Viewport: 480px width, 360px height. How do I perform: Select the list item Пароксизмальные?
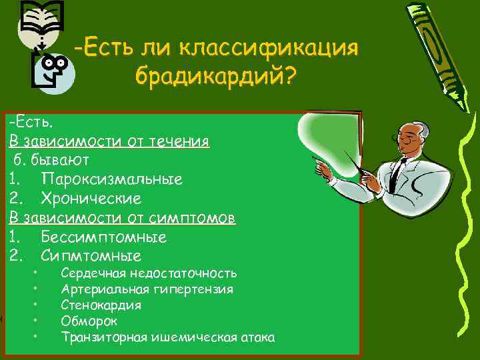point(111,179)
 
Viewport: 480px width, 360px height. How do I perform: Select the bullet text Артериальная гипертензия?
point(147,289)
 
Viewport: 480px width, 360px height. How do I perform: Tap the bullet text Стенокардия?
point(101,305)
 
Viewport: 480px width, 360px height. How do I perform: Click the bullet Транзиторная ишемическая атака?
point(167,337)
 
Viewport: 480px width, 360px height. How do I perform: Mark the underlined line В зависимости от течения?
point(109,141)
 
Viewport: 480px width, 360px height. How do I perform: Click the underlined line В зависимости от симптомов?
point(122,218)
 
